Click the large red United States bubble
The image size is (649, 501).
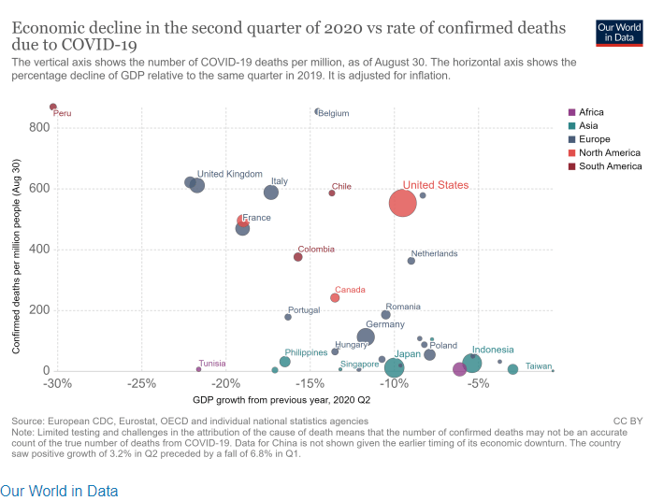point(402,203)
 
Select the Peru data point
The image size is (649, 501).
point(53,107)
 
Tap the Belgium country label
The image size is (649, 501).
point(334,113)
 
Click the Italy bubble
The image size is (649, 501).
point(271,192)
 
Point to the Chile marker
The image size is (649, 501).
point(332,193)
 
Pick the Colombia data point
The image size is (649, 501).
point(298,257)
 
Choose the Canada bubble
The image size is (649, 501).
point(335,297)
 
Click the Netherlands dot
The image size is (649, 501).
point(411,261)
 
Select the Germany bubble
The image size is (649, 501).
point(366,336)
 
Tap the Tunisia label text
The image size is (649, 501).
point(212,364)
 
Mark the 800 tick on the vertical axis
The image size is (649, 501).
point(38,127)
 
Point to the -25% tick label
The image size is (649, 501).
point(141,383)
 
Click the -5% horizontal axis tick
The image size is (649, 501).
point(479,383)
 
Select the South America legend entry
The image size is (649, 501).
point(610,166)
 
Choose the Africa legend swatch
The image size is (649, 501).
point(571,112)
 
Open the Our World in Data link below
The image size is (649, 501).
point(59,490)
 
